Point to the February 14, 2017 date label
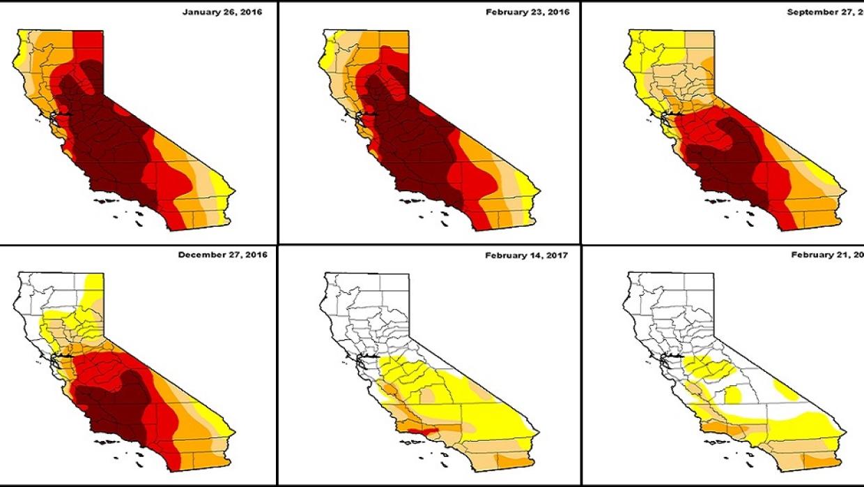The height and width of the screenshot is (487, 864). pos(526,256)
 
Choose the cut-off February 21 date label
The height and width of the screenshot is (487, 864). pos(827,256)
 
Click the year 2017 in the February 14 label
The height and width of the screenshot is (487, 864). pos(556,256)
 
